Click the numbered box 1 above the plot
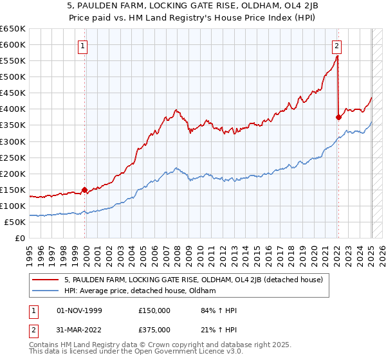[84, 46]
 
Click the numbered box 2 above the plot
[336, 46]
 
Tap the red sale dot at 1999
[84, 190]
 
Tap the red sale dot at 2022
[338, 117]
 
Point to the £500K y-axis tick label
[13, 77]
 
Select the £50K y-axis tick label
[15, 222]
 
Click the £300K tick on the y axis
[13, 141]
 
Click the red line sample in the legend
[46, 280]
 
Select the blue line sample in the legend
[46, 291]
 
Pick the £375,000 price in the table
[154, 330]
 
